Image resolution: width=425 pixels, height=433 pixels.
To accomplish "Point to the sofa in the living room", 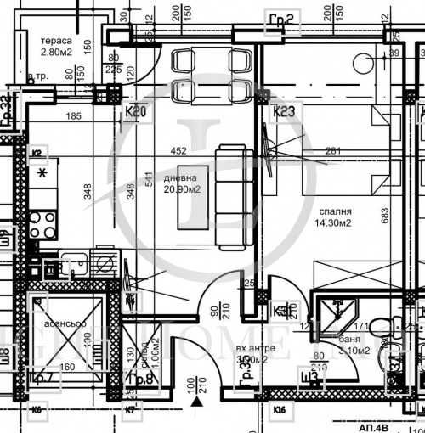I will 231,199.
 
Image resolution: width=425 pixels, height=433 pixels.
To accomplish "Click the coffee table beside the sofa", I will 191,202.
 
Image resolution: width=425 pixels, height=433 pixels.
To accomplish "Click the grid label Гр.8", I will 139,378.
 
